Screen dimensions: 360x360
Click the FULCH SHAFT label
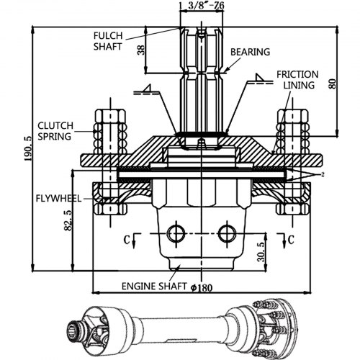pos(109,40)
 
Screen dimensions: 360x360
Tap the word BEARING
pos(250,52)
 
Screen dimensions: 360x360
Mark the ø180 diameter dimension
pos(204,286)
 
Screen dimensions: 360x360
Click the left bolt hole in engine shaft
pos(174,233)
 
